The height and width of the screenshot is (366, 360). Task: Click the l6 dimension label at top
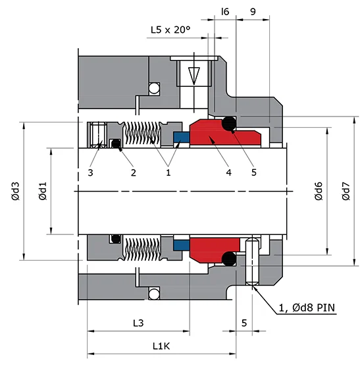coord(225,11)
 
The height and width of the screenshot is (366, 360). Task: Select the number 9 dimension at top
coord(253,11)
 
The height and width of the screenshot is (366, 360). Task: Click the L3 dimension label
coord(138,323)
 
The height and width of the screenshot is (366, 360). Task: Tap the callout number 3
coord(90,172)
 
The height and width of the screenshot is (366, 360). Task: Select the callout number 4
coord(228,172)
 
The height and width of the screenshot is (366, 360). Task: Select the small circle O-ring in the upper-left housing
coord(154,88)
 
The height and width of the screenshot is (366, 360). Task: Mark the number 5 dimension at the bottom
coord(244,323)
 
